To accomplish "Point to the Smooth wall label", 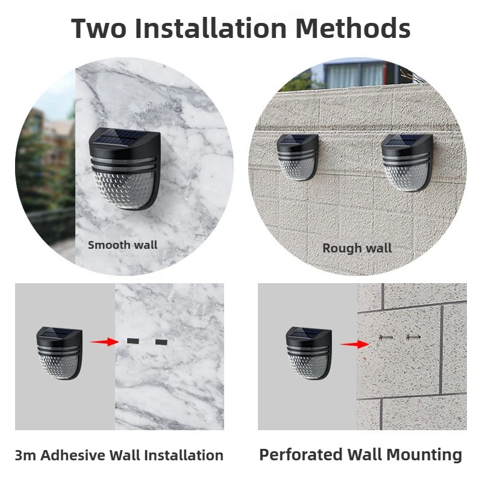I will pyautogui.click(x=122, y=245).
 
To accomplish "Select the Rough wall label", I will pyautogui.click(x=357, y=248).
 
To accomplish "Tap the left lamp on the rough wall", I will pyautogui.click(x=298, y=157).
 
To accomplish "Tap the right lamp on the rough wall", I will pyautogui.click(x=407, y=161).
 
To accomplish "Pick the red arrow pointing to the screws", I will pyautogui.click(x=354, y=345).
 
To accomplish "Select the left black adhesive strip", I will pyautogui.click(x=132, y=342).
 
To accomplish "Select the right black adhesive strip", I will pyautogui.click(x=161, y=342).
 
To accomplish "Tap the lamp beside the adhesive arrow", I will pyautogui.click(x=59, y=352).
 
